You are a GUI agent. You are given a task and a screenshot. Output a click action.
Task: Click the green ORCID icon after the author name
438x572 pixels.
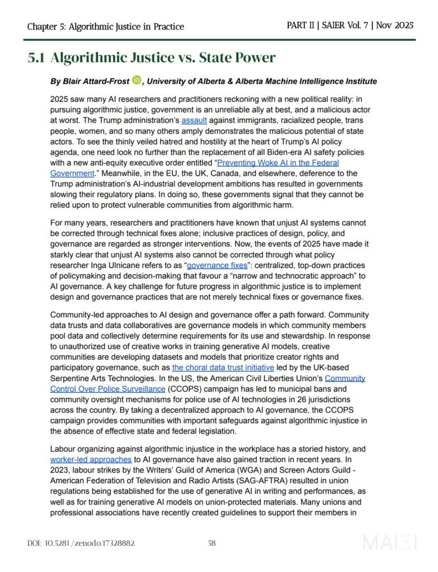click(x=137, y=80)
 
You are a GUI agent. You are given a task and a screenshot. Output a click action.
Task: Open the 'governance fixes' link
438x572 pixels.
click(x=216, y=265)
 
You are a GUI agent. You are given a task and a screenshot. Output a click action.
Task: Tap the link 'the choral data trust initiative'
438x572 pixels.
click(x=223, y=368)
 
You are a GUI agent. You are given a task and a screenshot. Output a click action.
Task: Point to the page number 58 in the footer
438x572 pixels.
click(x=212, y=543)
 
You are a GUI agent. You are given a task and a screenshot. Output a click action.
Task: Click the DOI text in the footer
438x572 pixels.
click(x=81, y=543)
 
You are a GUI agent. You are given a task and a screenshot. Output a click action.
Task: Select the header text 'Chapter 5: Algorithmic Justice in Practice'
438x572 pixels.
click(x=106, y=26)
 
